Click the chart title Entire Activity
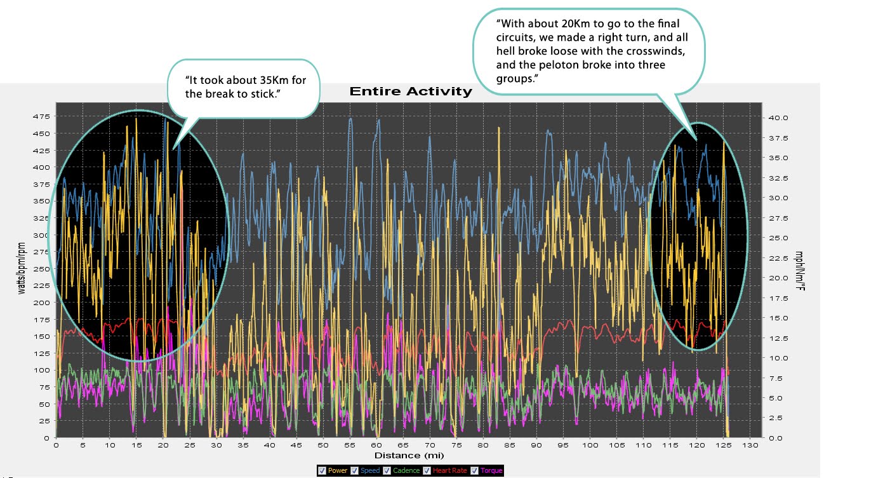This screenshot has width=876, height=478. [x=411, y=92]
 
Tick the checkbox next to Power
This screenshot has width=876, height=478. [x=322, y=470]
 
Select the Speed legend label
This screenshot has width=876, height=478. [x=370, y=471]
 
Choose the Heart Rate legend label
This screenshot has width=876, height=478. [x=451, y=471]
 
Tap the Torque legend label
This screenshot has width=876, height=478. [x=491, y=471]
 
